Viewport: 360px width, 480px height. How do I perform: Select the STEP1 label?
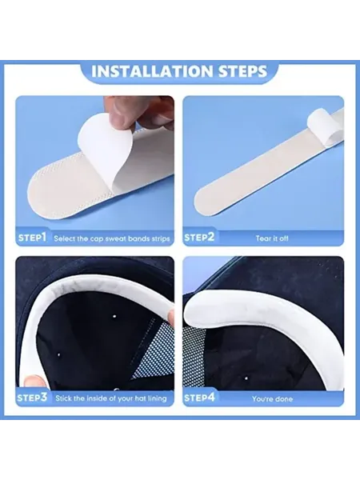[x=33, y=238]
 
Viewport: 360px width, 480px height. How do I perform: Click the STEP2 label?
[x=199, y=238]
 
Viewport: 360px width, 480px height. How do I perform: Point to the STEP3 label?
[x=32, y=398]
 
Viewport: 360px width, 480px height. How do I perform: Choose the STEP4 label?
[x=199, y=398]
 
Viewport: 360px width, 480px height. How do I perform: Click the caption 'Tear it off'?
[x=272, y=238]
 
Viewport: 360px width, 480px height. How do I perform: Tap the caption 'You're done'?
[x=273, y=398]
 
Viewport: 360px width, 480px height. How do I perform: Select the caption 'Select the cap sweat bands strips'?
[x=112, y=238]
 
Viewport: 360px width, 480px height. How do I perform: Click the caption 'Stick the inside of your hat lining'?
[x=111, y=398]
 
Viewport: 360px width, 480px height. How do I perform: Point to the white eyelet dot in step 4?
[x=246, y=378]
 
